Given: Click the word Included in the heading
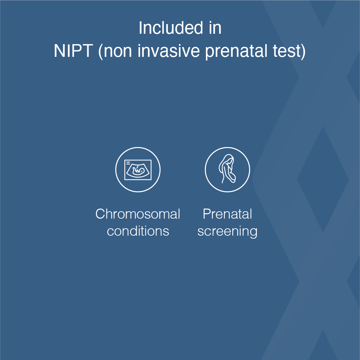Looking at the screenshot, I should (170, 28).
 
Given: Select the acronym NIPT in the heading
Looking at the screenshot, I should (73, 51).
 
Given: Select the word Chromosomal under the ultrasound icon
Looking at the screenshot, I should (138, 214).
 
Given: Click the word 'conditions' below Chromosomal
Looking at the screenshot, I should (138, 231).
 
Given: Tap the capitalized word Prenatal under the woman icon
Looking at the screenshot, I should (227, 214).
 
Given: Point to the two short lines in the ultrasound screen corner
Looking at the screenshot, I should (128, 163).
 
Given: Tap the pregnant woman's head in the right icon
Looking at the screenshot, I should (228, 160).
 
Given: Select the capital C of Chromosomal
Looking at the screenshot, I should (100, 214).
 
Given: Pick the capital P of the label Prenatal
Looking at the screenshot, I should (206, 214).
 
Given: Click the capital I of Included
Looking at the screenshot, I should (140, 28).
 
